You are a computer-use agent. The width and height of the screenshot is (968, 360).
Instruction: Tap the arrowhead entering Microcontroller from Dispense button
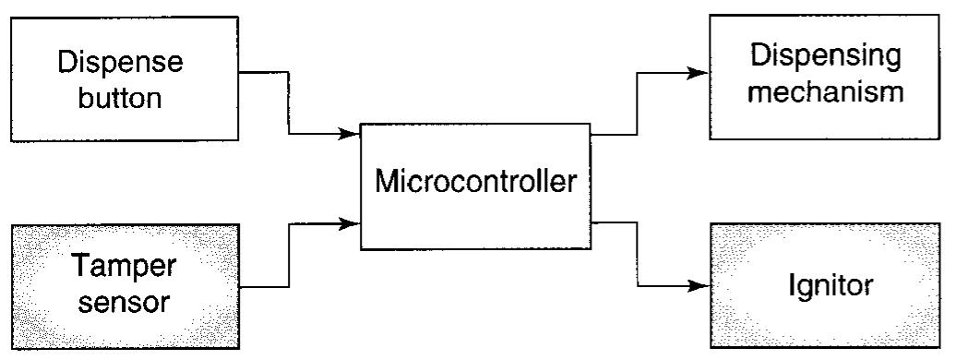[350, 135]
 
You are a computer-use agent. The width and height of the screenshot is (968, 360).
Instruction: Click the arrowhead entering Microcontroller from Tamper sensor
[350, 222]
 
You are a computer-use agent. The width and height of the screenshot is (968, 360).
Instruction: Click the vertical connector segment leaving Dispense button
[290, 102]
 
